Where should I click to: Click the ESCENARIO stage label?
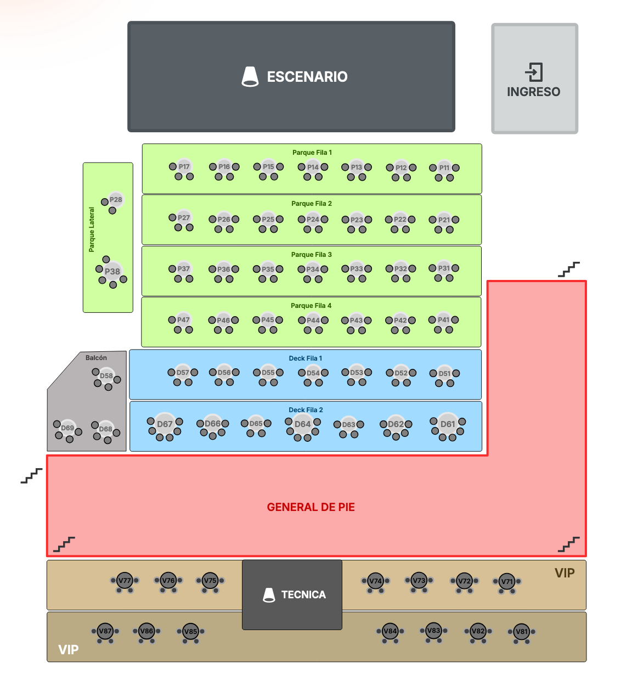(307, 77)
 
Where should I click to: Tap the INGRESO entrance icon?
(534, 72)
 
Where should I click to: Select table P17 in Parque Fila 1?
(184, 167)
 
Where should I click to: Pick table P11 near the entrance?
(444, 168)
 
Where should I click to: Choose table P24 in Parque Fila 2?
(313, 220)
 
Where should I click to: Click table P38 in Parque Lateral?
(112, 271)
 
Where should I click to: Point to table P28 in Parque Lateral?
(116, 200)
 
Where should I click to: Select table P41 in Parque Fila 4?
(444, 320)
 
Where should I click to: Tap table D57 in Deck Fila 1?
(183, 373)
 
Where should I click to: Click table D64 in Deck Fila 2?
(303, 424)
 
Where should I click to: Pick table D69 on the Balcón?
(67, 428)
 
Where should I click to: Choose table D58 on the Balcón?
(106, 376)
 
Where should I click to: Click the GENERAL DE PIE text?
(311, 507)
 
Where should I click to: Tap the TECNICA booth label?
(303, 594)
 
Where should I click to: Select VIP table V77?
(125, 581)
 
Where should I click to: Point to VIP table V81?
(521, 632)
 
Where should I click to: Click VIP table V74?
(375, 581)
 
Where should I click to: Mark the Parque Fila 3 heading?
(311, 255)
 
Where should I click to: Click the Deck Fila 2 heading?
(306, 410)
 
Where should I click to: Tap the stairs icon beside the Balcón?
(31, 476)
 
